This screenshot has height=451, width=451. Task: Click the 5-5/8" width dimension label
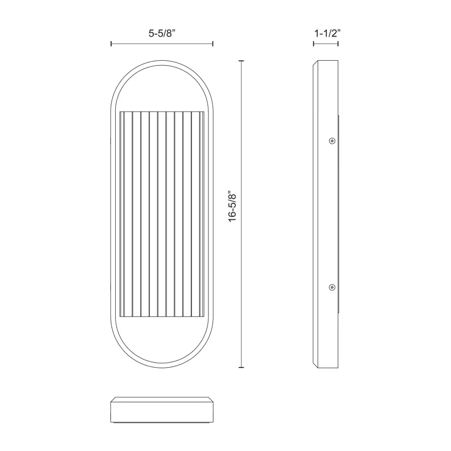(161, 34)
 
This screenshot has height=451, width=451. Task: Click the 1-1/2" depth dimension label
(326, 34)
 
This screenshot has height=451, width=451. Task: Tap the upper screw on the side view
(331, 141)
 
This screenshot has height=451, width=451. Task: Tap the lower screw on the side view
(331, 287)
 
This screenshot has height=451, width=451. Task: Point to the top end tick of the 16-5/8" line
(243, 61)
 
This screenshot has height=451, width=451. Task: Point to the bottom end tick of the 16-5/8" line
(243, 367)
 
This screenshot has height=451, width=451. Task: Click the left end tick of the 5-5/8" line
(111, 44)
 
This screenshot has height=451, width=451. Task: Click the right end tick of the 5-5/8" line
(213, 44)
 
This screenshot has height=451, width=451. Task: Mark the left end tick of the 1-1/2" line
(314, 44)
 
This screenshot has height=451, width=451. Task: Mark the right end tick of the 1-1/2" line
(338, 44)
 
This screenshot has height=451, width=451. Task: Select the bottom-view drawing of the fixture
(161, 410)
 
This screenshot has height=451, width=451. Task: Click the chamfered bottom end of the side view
(326, 365)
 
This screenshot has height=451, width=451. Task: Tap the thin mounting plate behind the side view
(339, 214)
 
